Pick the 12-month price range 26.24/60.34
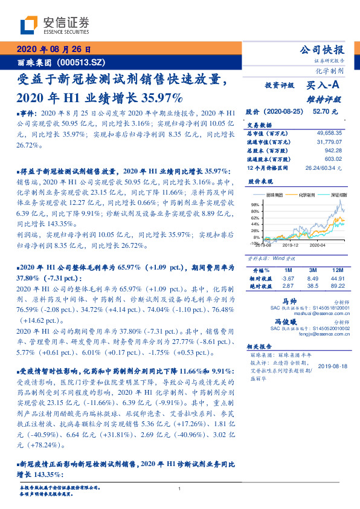[x=323, y=167]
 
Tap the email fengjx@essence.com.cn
[x=324, y=333]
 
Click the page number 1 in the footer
[x=180, y=488]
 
